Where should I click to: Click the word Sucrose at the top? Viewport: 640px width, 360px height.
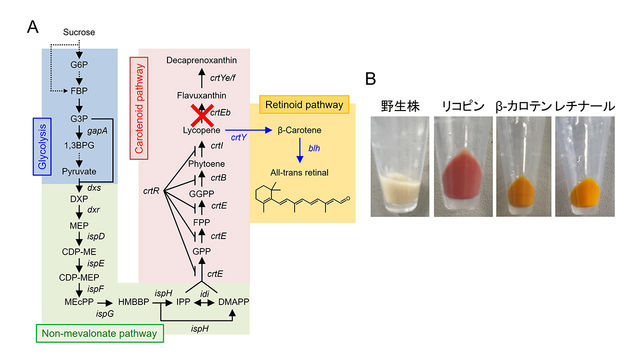pyautogui.click(x=79, y=33)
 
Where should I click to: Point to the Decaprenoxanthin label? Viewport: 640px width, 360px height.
pyautogui.click(x=201, y=60)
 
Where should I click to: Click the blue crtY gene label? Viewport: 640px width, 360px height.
pyautogui.click(x=238, y=137)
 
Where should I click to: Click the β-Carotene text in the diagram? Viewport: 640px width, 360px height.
pyautogui.click(x=299, y=130)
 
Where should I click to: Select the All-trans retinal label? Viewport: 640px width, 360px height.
pyautogui.click(x=299, y=172)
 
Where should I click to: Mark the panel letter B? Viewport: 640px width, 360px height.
pyautogui.click(x=370, y=79)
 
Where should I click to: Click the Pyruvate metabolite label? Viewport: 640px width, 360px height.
pyautogui.click(x=79, y=171)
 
